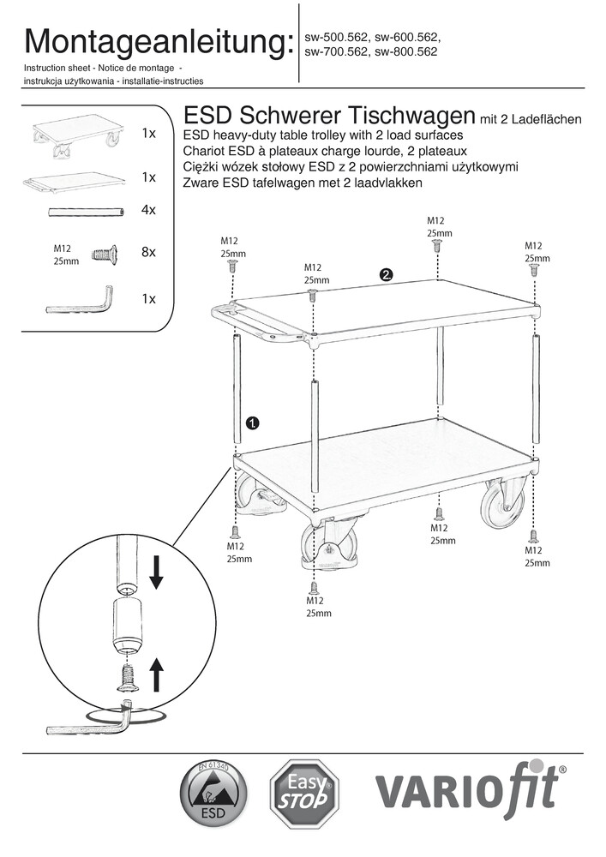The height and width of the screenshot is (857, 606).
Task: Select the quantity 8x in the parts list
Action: click(x=148, y=252)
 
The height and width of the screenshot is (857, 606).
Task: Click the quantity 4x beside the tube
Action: click(x=148, y=210)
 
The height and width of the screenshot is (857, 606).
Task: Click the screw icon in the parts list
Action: click(x=104, y=253)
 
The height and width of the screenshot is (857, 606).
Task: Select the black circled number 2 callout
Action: click(x=387, y=274)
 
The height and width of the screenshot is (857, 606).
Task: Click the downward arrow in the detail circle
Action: click(x=156, y=571)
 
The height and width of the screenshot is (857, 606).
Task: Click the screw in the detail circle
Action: click(x=125, y=676)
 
